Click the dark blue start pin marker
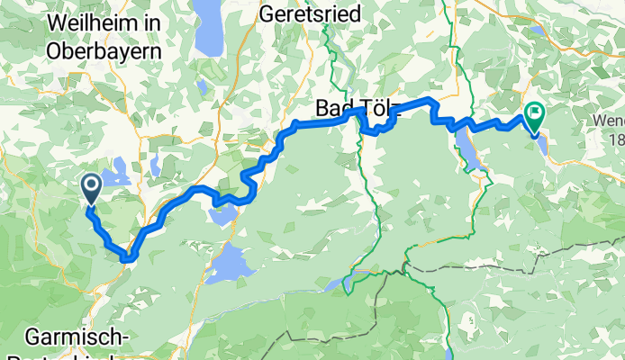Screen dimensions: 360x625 (x=91, y=188)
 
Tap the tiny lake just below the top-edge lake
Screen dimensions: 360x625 (x=204, y=86)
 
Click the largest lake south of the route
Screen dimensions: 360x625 (x=237, y=263)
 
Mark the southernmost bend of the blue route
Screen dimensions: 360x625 (x=127, y=258)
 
